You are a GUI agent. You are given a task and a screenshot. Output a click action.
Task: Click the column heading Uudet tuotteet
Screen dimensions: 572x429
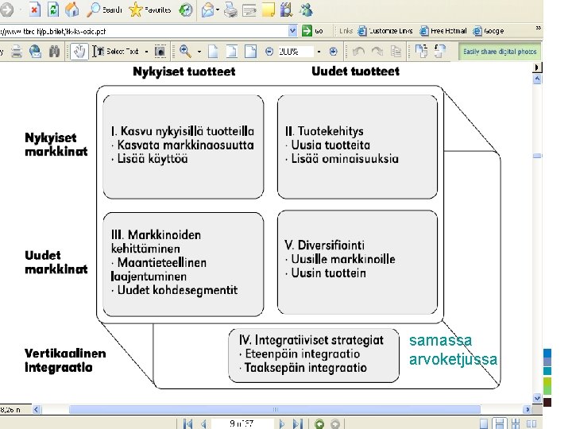(x=355, y=71)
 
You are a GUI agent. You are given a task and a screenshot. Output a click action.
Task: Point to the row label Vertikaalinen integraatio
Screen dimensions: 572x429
(x=65, y=361)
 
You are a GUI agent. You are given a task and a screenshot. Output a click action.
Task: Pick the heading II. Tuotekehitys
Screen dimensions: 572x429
(x=323, y=130)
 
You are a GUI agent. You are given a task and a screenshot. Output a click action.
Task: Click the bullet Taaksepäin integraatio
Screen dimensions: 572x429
(x=305, y=368)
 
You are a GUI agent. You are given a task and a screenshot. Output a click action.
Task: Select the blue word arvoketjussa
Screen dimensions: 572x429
(x=453, y=360)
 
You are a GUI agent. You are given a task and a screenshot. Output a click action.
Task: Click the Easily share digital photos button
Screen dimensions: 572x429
(x=500, y=51)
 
